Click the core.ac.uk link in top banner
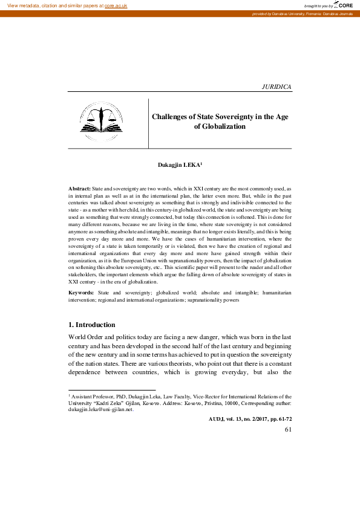[x=116, y=5]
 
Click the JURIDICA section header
[x=277, y=87]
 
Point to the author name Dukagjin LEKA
[x=178, y=164]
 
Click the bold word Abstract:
[x=80, y=189]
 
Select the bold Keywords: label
[x=82, y=293]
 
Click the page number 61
[x=287, y=429]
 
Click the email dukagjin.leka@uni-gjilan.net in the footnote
[x=100, y=409]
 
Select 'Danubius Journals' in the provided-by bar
[x=338, y=13]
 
